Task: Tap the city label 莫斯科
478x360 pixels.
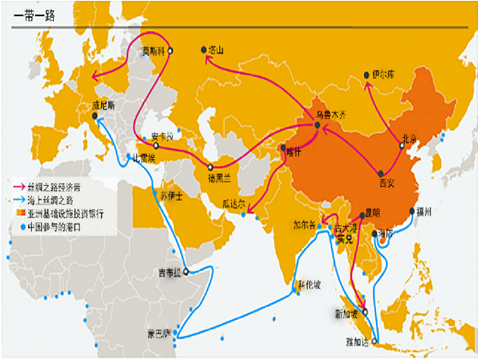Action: [154, 50]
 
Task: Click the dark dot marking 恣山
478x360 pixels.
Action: [203, 51]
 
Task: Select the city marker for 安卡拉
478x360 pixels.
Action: [156, 146]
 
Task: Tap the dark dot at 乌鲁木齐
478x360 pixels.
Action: [318, 126]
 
